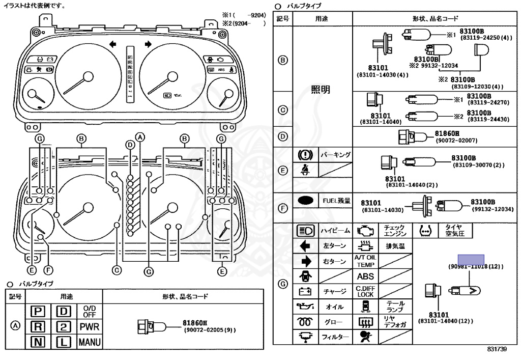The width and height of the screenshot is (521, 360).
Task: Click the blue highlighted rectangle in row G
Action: point(471,259)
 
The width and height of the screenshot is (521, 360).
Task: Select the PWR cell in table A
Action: point(89,326)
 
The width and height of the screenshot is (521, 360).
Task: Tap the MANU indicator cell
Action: point(89,342)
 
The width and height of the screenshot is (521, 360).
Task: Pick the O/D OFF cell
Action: point(89,311)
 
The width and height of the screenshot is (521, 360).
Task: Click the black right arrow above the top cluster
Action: point(148,45)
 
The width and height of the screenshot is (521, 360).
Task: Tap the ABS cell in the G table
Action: point(365,276)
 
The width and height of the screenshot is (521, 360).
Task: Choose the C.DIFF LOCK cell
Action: point(365,292)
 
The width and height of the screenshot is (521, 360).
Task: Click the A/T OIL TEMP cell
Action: point(365,261)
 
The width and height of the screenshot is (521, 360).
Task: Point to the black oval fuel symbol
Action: point(306,201)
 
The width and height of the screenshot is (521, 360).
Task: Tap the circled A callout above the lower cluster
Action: point(141,136)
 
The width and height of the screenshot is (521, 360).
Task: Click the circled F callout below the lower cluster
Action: point(48,270)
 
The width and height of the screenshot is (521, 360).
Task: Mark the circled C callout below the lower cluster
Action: point(117,270)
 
